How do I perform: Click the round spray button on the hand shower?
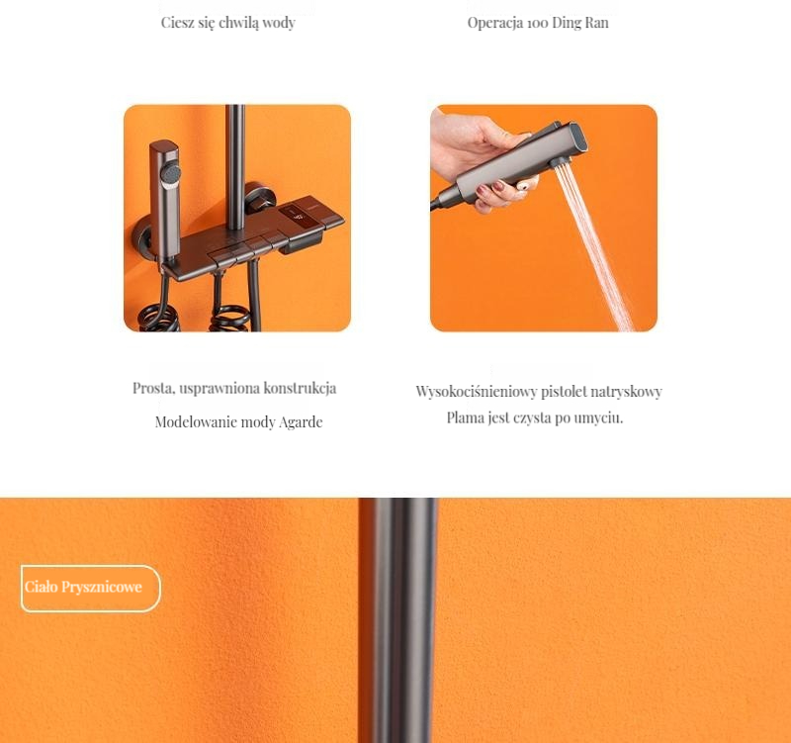(x=170, y=174)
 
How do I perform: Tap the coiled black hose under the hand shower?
(x=159, y=317)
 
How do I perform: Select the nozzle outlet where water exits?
(x=559, y=162)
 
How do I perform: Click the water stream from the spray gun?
(x=595, y=247)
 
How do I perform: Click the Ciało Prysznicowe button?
(x=91, y=588)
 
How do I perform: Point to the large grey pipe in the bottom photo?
(x=398, y=620)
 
